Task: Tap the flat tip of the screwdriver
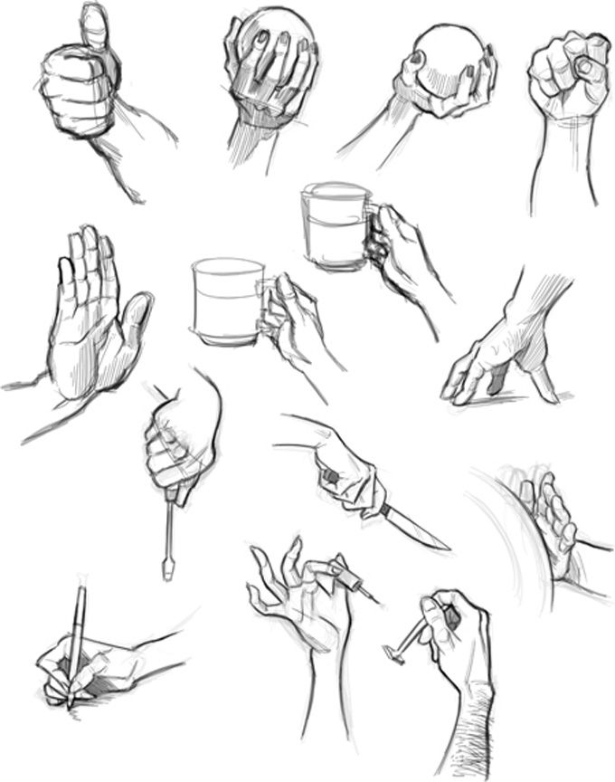tap(167, 571)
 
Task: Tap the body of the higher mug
tap(334, 226)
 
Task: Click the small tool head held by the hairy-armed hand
tap(392, 652)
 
